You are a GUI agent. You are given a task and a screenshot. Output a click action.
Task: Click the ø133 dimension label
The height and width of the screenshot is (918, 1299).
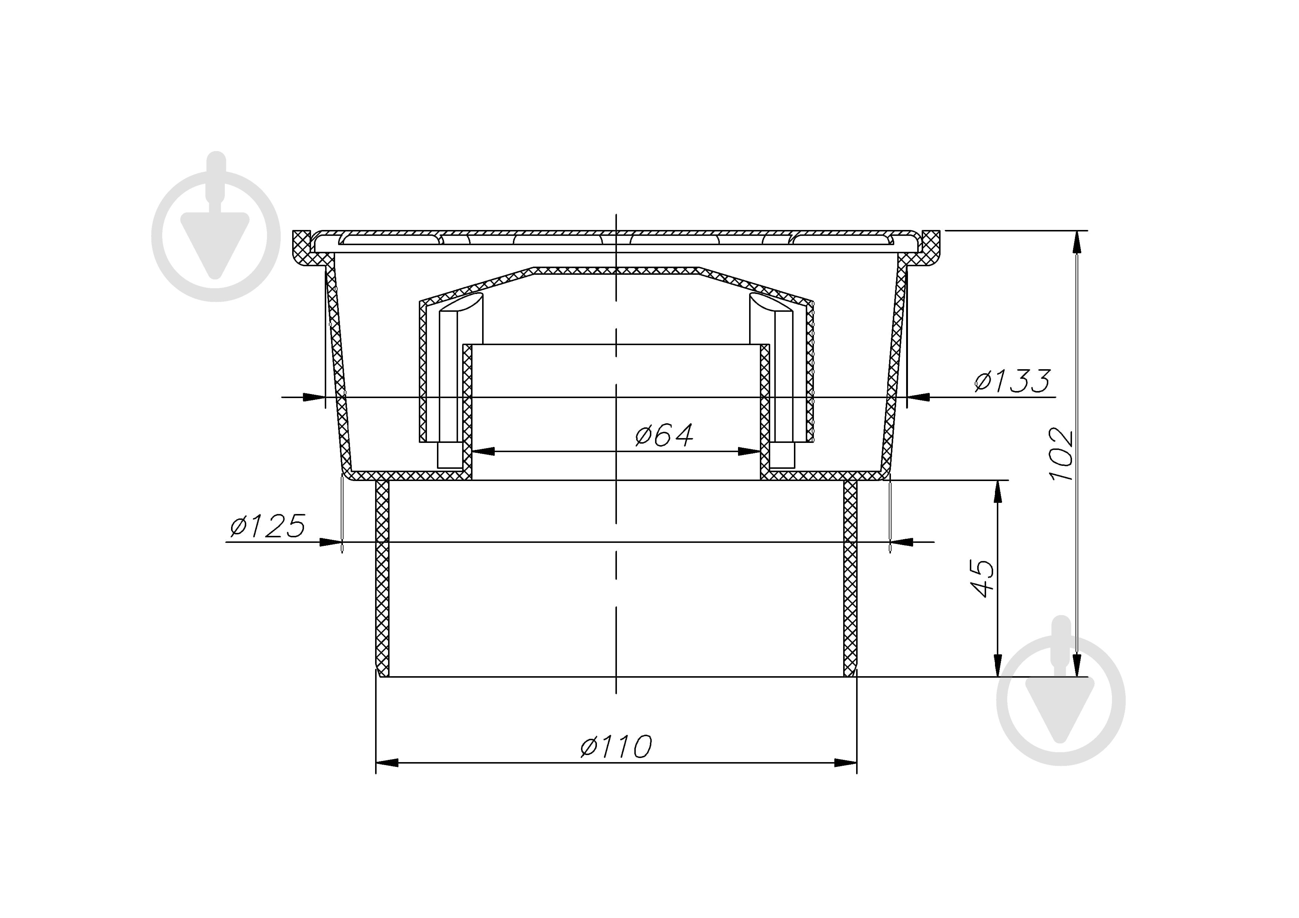1012,381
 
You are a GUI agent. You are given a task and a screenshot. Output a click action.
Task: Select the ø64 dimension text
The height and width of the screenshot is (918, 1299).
664,435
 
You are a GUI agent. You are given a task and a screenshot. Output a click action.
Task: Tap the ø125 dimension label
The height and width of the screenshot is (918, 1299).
268,526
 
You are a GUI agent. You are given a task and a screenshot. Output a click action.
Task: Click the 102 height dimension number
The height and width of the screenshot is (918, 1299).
1061,455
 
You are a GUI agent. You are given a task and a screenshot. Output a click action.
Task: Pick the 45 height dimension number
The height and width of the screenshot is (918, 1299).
982,579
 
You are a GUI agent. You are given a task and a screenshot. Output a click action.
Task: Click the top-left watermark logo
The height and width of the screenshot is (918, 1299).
216,226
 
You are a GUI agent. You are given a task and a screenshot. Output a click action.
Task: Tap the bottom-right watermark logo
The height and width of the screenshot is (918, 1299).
1061,691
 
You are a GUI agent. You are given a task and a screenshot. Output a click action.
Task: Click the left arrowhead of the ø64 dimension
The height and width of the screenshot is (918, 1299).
483,451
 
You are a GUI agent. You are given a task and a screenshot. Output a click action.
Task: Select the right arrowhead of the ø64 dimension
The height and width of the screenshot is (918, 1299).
749,451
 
